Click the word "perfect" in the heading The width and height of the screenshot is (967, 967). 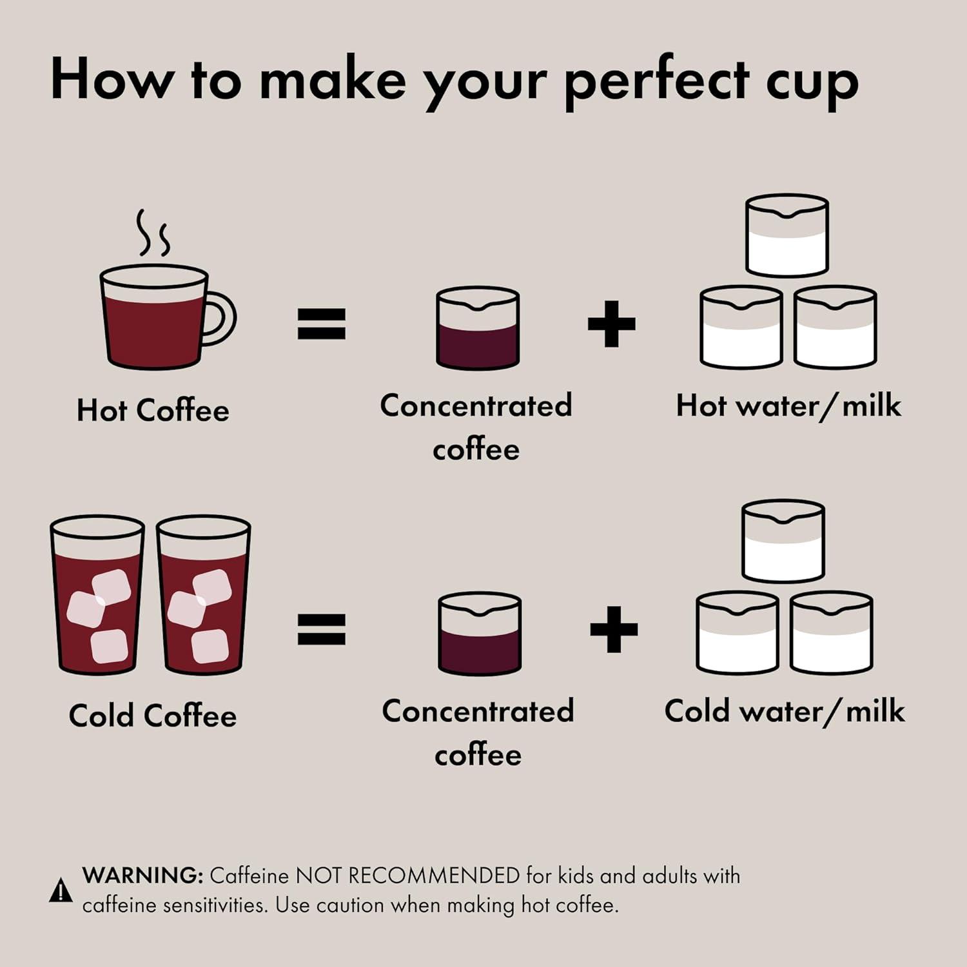[656, 82]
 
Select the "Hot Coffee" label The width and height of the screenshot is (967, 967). [153, 411]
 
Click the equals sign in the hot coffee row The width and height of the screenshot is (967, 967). [321, 324]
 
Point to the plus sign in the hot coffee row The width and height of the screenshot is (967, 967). [611, 324]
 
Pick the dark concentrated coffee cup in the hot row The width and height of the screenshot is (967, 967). [477, 329]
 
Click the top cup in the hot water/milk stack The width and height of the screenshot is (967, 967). [786, 236]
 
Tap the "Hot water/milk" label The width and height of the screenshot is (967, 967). [788, 406]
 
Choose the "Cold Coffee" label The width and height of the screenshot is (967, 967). [153, 716]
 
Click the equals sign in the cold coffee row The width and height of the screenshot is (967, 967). [321, 629]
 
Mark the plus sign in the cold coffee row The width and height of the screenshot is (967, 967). [613, 629]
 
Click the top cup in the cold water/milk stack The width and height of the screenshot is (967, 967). [783, 542]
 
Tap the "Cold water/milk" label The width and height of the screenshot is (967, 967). [785, 711]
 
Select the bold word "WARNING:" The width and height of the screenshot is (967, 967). [142, 875]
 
